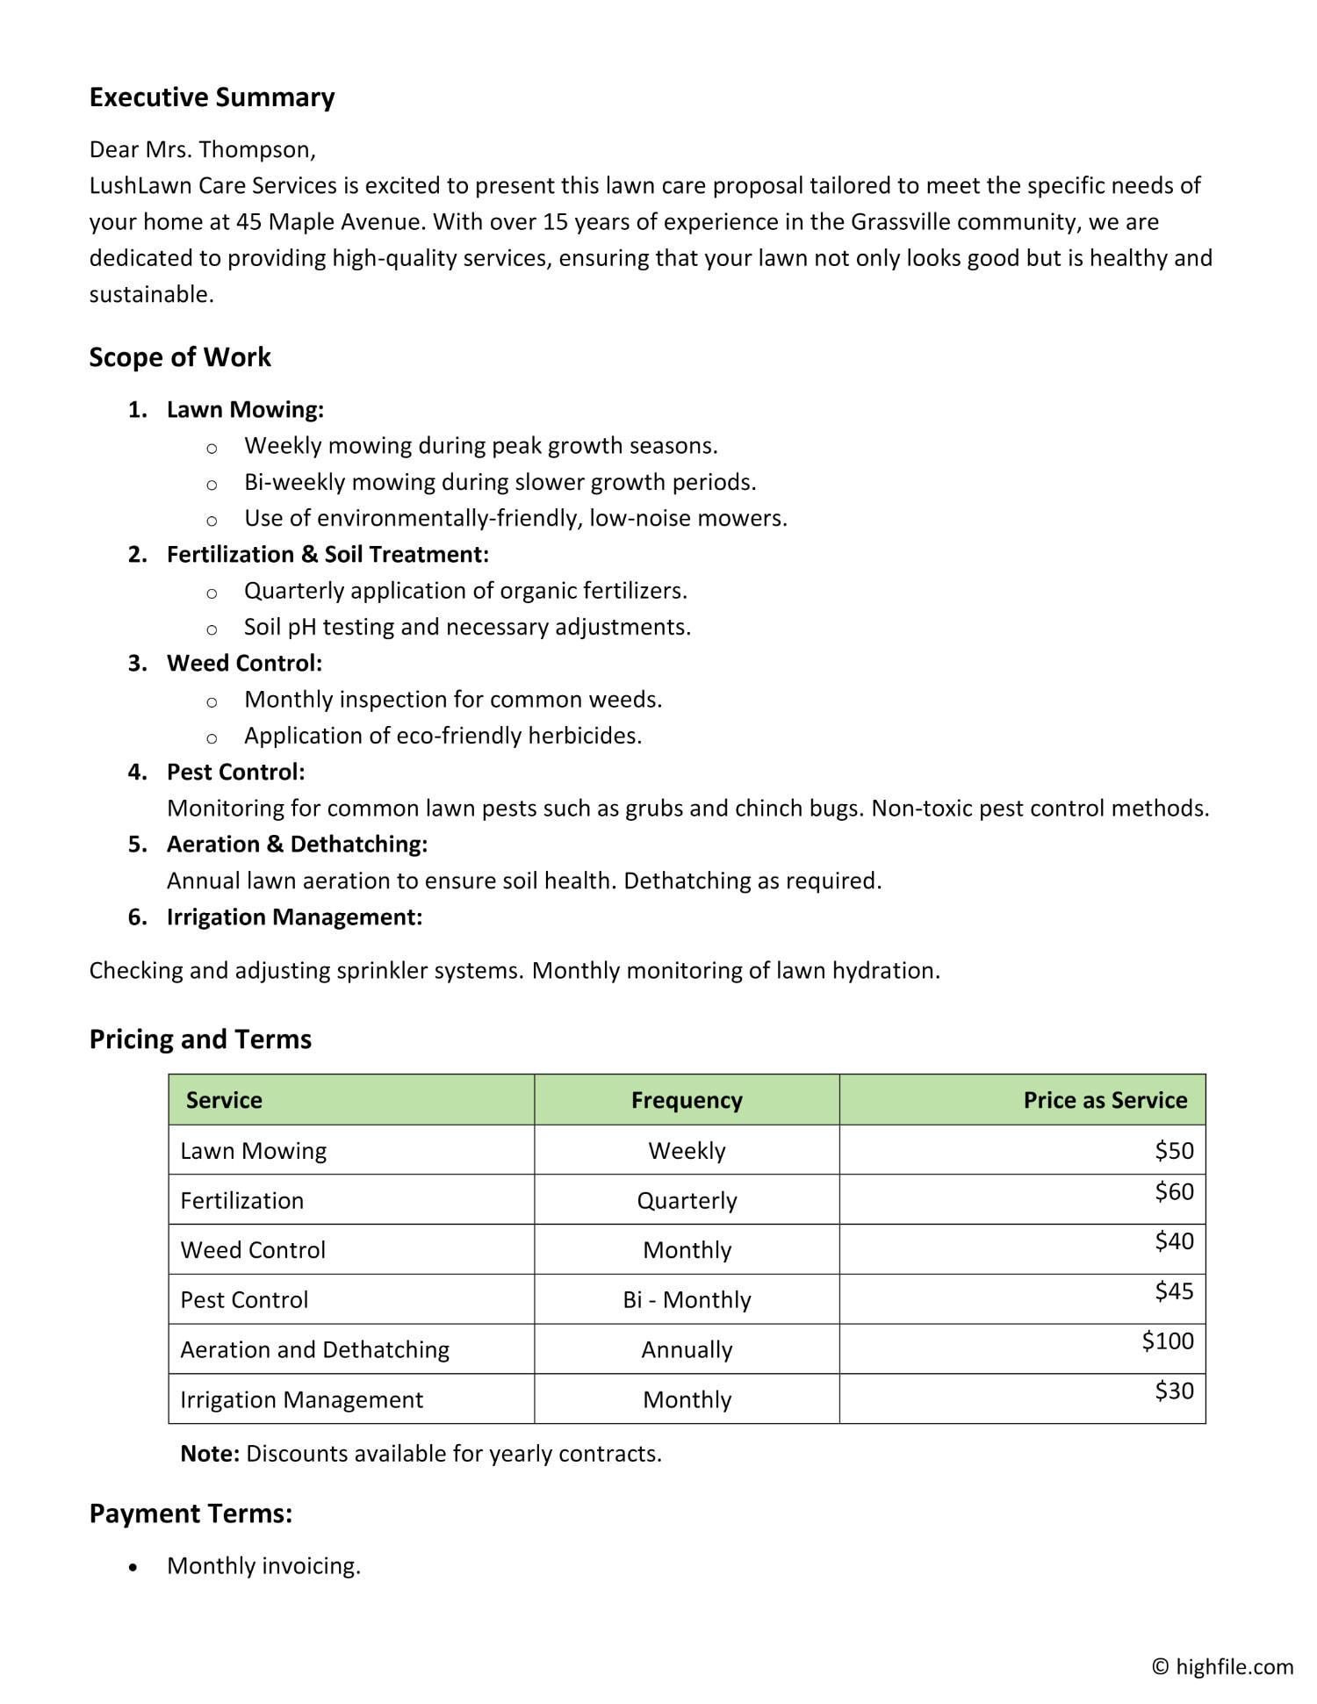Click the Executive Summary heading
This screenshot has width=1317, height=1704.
click(212, 97)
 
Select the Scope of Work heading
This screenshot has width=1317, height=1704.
click(180, 357)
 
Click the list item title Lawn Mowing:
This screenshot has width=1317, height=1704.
click(245, 410)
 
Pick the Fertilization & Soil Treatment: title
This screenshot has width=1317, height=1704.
click(327, 555)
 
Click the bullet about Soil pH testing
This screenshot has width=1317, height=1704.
click(467, 628)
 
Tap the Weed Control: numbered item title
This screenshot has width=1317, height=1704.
click(244, 664)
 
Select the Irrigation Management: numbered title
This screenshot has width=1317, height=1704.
click(294, 917)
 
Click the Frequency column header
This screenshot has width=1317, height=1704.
click(687, 1101)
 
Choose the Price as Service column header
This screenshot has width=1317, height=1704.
click(1105, 1101)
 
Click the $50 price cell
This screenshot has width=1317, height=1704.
click(1174, 1151)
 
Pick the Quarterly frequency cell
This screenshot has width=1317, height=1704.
click(687, 1201)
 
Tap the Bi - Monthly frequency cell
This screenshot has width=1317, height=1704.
click(687, 1300)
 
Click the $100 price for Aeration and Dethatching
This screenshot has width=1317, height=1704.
click(1168, 1341)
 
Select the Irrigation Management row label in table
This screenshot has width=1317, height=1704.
click(301, 1400)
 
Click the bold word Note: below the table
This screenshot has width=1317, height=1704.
click(209, 1454)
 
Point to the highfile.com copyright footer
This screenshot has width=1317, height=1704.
click(1222, 1667)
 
